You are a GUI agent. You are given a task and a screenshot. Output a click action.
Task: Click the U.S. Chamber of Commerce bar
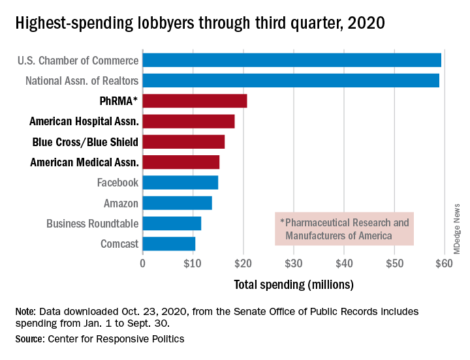click(x=292, y=61)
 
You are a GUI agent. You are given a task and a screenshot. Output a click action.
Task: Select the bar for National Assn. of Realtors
click(x=290, y=81)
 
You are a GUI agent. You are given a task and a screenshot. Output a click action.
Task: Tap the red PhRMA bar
click(x=195, y=101)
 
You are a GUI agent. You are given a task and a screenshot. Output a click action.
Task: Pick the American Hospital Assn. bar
click(x=188, y=121)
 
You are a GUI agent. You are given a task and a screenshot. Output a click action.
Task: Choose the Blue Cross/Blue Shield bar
click(x=183, y=142)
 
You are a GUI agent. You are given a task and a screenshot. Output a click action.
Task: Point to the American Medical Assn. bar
click(x=181, y=162)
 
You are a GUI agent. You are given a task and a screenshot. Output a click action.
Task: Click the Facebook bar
click(x=180, y=183)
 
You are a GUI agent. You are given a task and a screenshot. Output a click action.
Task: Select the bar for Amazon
click(x=177, y=203)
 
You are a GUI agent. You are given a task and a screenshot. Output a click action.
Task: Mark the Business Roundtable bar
click(x=172, y=224)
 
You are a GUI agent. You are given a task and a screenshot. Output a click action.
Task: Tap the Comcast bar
click(x=168, y=244)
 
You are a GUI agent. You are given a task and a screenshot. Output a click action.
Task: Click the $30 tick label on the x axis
click(x=294, y=264)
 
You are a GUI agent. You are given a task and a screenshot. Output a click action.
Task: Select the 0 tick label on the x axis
click(x=143, y=264)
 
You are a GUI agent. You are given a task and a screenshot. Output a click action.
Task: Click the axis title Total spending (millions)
click(x=294, y=284)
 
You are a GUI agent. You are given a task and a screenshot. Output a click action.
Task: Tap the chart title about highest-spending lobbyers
click(x=200, y=23)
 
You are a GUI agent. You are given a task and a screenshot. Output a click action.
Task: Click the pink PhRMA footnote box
click(x=344, y=228)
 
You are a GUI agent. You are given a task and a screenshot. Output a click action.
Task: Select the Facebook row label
click(x=117, y=183)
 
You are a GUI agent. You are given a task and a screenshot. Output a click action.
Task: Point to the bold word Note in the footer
click(x=25, y=312)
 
